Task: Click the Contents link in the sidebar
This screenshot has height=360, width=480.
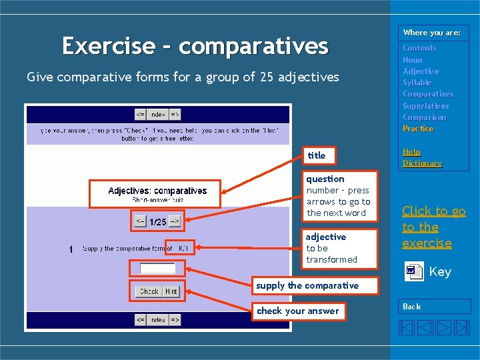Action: click(x=419, y=48)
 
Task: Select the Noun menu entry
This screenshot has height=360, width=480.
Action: click(x=412, y=60)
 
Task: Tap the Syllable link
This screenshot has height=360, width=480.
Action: click(x=417, y=83)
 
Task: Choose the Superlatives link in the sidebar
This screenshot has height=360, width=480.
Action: click(x=425, y=106)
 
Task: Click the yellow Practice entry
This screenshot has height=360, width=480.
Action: click(x=418, y=129)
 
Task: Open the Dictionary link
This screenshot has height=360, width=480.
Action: click(x=422, y=163)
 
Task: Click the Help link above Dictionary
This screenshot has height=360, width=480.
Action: click(x=411, y=152)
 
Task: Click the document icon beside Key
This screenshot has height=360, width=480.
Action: click(x=414, y=271)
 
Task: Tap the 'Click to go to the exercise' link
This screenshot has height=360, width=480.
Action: click(x=433, y=227)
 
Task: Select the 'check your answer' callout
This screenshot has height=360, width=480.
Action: click(x=298, y=311)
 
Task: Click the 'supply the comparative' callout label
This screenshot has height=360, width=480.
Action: click(x=307, y=285)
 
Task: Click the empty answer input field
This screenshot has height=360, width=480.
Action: click(x=157, y=268)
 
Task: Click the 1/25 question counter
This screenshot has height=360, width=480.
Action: click(x=157, y=221)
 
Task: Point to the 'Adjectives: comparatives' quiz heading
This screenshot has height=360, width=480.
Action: click(x=157, y=191)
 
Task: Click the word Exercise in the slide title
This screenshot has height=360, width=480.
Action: click(x=108, y=46)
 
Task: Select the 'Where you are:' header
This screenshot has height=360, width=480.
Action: click(x=431, y=33)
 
